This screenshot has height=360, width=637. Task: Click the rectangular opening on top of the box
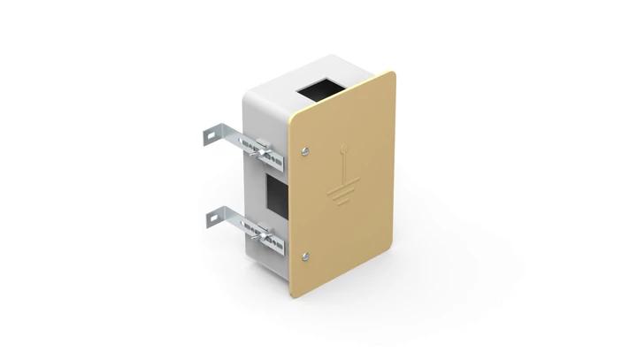(320, 88)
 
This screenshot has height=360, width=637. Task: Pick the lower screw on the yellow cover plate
(305, 257)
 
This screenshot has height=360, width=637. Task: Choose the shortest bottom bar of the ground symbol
(341, 203)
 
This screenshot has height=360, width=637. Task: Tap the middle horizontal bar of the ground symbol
(342, 195)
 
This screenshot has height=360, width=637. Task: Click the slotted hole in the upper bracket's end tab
(210, 136)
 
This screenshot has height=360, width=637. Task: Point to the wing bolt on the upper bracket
(264, 154)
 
